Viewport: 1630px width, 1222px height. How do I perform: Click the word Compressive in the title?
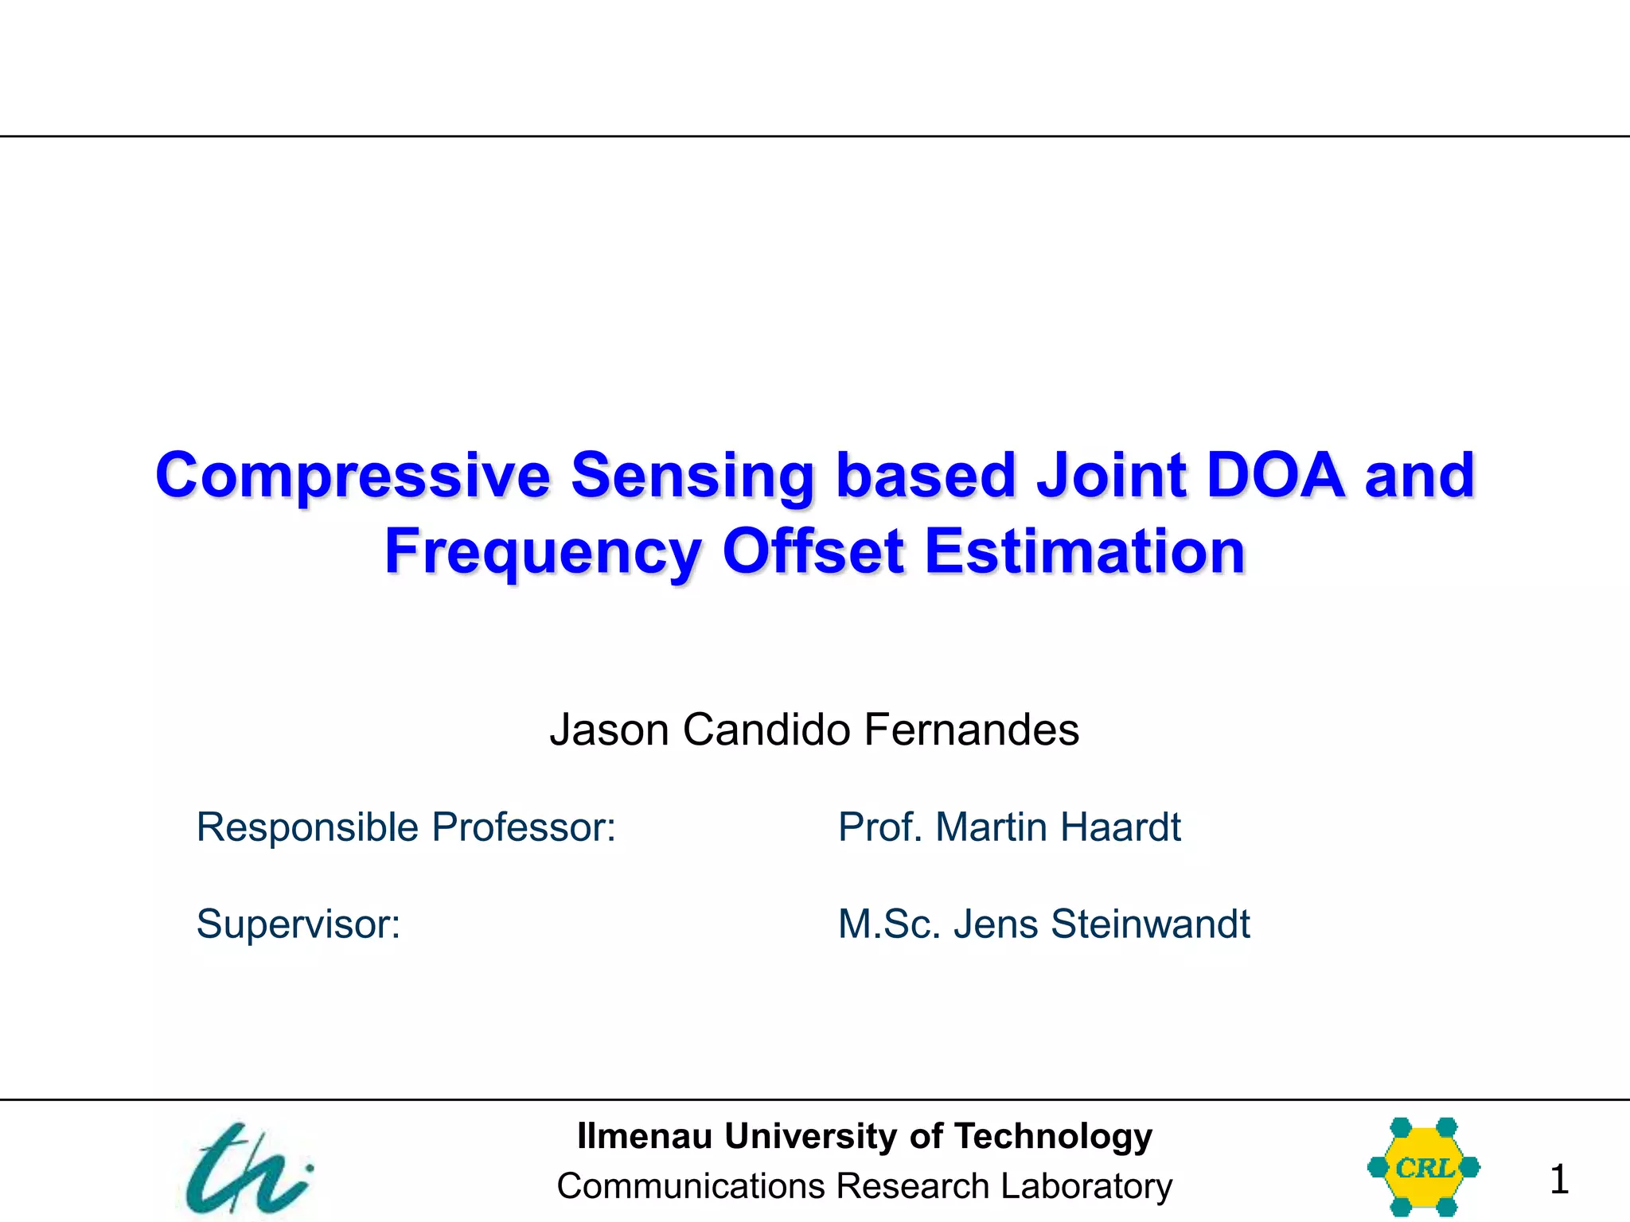click(x=353, y=476)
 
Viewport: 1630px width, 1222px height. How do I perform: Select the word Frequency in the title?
click(x=543, y=553)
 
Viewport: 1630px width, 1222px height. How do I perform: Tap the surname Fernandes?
click(x=971, y=730)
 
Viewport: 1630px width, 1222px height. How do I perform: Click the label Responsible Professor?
click(x=406, y=827)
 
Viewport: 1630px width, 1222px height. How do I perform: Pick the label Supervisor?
click(x=298, y=924)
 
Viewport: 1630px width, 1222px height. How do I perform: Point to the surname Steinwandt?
click(x=1150, y=924)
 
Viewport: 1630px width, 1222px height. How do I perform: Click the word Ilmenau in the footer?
click(x=644, y=1136)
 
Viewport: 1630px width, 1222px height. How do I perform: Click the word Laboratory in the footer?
click(x=1086, y=1186)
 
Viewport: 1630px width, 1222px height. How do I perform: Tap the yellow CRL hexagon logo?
click(x=1423, y=1167)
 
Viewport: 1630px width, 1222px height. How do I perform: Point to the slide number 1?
click(x=1558, y=1179)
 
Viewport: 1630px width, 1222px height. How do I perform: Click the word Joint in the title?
click(x=1111, y=476)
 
